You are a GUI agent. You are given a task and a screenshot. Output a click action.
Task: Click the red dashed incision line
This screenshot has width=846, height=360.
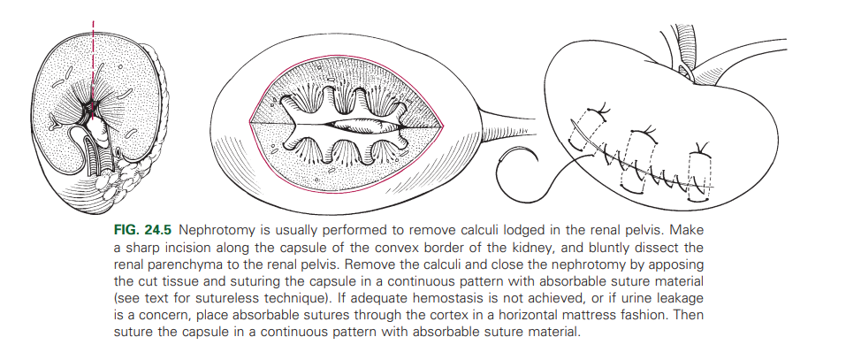click(91, 53)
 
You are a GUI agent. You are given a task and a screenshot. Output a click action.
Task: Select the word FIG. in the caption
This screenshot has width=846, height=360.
click(128, 229)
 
